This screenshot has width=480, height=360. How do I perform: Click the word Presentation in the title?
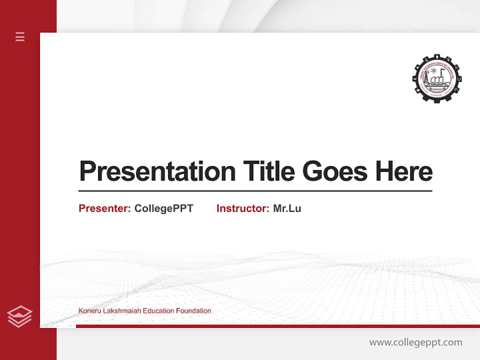tap(157, 171)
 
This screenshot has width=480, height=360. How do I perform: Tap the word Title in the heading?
tap(268, 171)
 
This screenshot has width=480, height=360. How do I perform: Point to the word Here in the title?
tap(404, 171)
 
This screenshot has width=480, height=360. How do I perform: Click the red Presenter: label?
tap(104, 208)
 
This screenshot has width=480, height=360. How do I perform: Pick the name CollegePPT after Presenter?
tap(163, 208)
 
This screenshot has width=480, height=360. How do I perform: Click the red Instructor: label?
tap(242, 208)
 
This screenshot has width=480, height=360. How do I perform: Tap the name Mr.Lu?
tap(287, 208)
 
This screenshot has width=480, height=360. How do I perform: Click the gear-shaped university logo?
tap(437, 77)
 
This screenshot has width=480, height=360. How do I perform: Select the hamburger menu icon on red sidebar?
tap(20, 36)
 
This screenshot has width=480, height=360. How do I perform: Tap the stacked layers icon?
tap(19, 316)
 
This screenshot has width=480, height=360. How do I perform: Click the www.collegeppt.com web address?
tap(415, 342)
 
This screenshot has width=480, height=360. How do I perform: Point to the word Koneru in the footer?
tap(89, 311)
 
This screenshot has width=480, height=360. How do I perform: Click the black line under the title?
tap(255, 191)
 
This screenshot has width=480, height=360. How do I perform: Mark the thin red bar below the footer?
tap(277, 326)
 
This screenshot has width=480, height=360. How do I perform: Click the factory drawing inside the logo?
tap(437, 80)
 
